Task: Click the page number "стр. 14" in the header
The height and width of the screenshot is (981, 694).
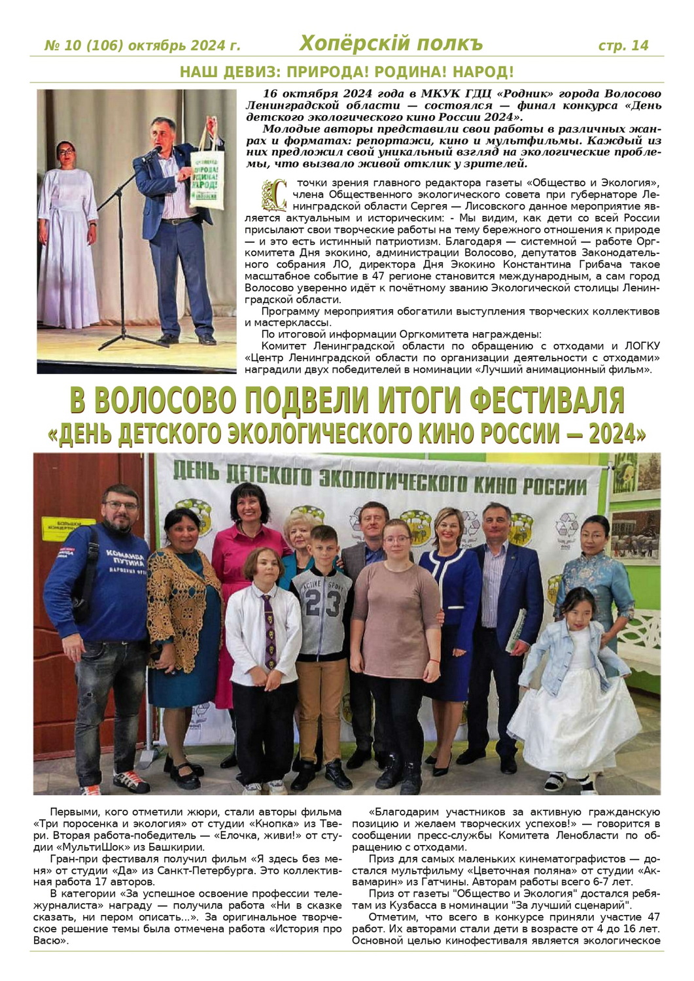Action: tap(623, 45)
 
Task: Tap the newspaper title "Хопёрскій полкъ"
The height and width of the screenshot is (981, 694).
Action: tap(390, 43)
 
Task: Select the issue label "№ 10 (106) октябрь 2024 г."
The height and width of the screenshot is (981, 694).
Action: tap(142, 46)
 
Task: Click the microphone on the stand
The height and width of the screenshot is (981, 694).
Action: tap(154, 153)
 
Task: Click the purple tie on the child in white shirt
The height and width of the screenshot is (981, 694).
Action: tap(269, 630)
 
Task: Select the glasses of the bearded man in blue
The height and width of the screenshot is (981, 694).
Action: tap(121, 506)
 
